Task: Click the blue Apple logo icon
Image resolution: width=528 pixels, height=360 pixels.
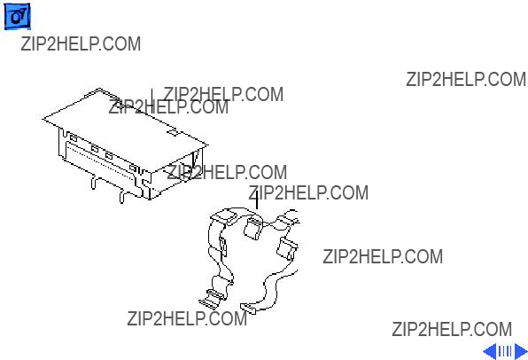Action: (x=17, y=16)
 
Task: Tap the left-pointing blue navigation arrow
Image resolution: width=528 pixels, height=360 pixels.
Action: (x=490, y=351)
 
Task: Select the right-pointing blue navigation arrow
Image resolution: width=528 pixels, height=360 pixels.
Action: (x=521, y=351)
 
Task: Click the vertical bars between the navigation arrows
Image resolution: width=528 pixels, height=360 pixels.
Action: (x=505, y=351)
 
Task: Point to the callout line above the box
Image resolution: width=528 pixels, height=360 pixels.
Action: (x=151, y=101)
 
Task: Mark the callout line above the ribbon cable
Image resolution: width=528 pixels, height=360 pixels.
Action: (x=257, y=200)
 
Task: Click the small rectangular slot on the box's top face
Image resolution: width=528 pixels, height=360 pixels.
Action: (x=173, y=132)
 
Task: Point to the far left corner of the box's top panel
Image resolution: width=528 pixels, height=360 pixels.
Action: (x=43, y=119)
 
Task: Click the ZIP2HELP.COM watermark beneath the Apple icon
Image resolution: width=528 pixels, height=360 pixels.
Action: (x=81, y=43)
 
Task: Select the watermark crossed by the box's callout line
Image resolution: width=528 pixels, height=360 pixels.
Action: (x=168, y=107)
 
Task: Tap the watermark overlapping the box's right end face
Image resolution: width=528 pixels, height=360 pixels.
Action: (x=227, y=172)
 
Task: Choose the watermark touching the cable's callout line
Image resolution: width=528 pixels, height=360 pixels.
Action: (x=308, y=192)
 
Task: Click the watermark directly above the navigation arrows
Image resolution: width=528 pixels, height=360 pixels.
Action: (x=452, y=329)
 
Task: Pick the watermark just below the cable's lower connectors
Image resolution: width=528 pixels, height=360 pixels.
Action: (x=187, y=318)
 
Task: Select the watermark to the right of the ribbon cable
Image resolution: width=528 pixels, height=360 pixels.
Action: (x=383, y=256)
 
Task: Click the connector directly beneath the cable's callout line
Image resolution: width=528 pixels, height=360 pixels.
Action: (x=252, y=228)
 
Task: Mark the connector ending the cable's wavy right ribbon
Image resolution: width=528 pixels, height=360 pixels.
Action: (x=248, y=308)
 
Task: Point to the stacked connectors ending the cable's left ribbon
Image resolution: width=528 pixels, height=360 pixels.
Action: (x=213, y=298)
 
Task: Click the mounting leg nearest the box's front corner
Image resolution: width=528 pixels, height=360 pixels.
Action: (x=122, y=197)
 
